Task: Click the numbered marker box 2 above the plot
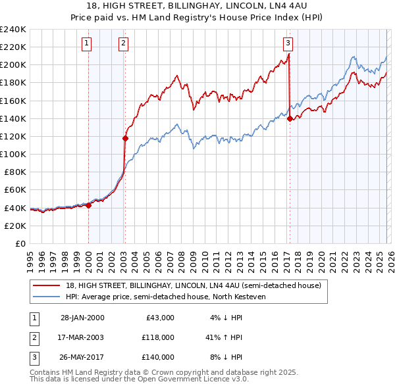(x=123, y=44)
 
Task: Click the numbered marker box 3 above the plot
(x=288, y=44)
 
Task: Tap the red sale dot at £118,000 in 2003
(x=125, y=138)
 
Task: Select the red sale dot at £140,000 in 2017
(x=290, y=118)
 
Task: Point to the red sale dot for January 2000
(x=89, y=205)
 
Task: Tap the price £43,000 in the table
(x=159, y=318)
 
